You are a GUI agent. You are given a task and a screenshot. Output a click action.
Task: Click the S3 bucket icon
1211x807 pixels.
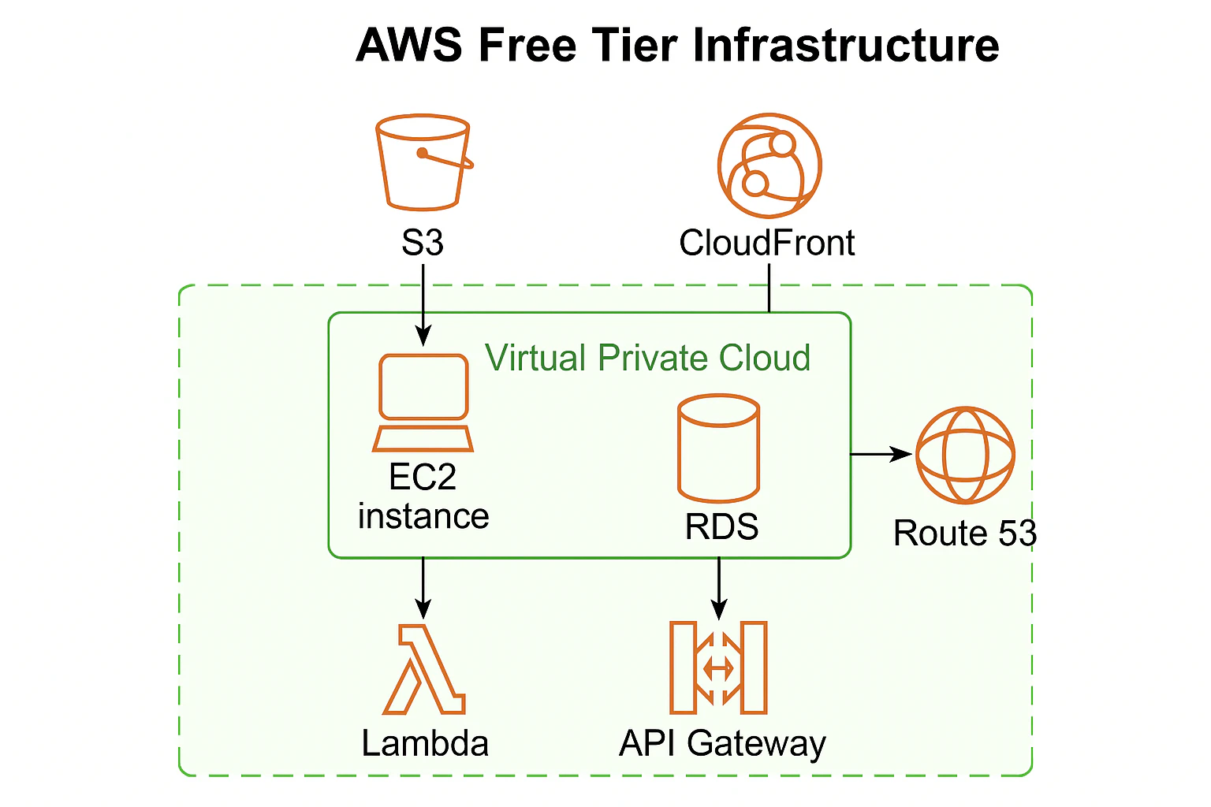tap(423, 162)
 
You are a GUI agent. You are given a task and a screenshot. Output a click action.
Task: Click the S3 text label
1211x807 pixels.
tap(423, 243)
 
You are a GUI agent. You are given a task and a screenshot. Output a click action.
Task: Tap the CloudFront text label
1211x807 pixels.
tap(766, 243)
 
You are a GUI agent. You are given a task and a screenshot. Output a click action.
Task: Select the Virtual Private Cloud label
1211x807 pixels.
tap(647, 358)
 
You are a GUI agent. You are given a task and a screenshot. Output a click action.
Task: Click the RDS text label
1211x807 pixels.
tap(721, 526)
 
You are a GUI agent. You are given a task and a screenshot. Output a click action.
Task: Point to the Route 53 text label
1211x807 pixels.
tap(965, 533)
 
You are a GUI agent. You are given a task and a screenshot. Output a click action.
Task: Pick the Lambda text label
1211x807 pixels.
tap(425, 743)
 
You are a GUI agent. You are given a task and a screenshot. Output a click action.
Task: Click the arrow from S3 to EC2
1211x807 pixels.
tap(423, 305)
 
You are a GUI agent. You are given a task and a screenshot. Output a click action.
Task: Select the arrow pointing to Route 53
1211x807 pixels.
tap(881, 454)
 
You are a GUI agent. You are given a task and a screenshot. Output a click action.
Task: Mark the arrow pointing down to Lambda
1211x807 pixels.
tap(423, 588)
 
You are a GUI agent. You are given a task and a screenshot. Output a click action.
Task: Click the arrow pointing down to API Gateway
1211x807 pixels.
tap(719, 589)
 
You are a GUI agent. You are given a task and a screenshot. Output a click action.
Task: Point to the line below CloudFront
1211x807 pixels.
tap(769, 288)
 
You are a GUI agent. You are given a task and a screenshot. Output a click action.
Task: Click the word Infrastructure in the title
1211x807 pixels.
tap(845, 46)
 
